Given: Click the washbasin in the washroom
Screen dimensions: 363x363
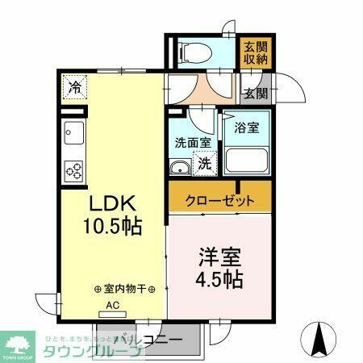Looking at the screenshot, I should [x=180, y=167].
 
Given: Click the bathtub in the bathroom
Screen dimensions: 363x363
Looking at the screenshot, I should [x=246, y=159].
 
